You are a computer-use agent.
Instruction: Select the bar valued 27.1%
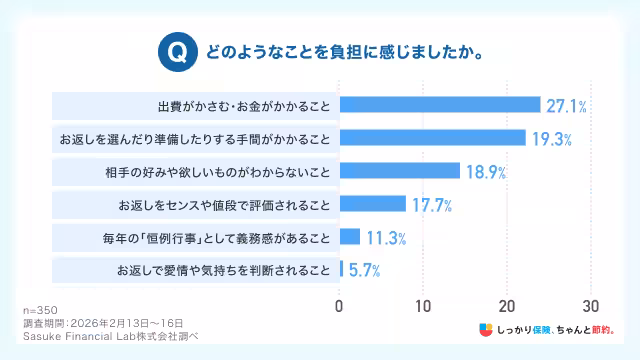[440, 105]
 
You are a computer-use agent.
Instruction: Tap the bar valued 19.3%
[432, 137]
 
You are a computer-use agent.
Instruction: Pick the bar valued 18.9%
[400, 171]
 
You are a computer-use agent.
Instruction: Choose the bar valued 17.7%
[373, 204]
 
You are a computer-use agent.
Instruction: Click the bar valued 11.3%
[350, 237]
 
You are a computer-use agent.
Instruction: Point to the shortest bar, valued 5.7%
[342, 269]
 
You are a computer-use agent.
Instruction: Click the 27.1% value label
[566, 105]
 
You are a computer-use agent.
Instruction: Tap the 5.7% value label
[364, 270]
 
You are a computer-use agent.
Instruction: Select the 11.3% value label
[385, 237]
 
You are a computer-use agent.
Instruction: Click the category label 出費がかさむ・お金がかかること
[243, 105]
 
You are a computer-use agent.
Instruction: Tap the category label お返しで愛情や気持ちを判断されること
[222, 270]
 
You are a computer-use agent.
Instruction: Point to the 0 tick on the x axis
[340, 305]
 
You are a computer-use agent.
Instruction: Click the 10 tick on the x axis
[423, 305]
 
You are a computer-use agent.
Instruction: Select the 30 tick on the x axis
[591, 305]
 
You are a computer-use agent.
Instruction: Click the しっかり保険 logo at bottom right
[545, 328]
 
